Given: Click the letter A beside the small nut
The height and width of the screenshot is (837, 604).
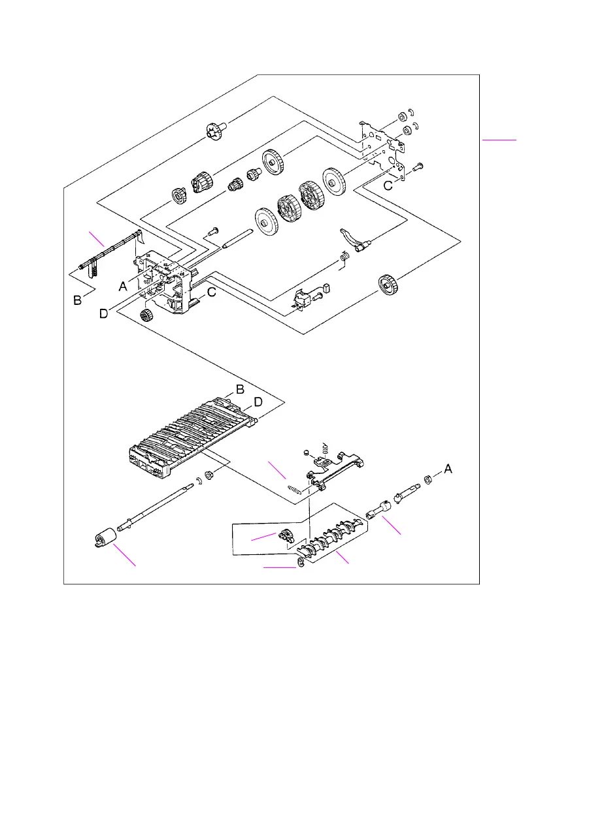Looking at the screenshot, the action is click(x=448, y=468).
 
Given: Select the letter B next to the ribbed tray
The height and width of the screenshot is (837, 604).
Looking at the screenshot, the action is click(x=240, y=389).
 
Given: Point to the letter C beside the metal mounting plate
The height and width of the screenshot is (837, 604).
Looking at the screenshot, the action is click(x=388, y=185).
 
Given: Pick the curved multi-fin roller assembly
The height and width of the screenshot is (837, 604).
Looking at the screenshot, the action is click(x=330, y=536).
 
